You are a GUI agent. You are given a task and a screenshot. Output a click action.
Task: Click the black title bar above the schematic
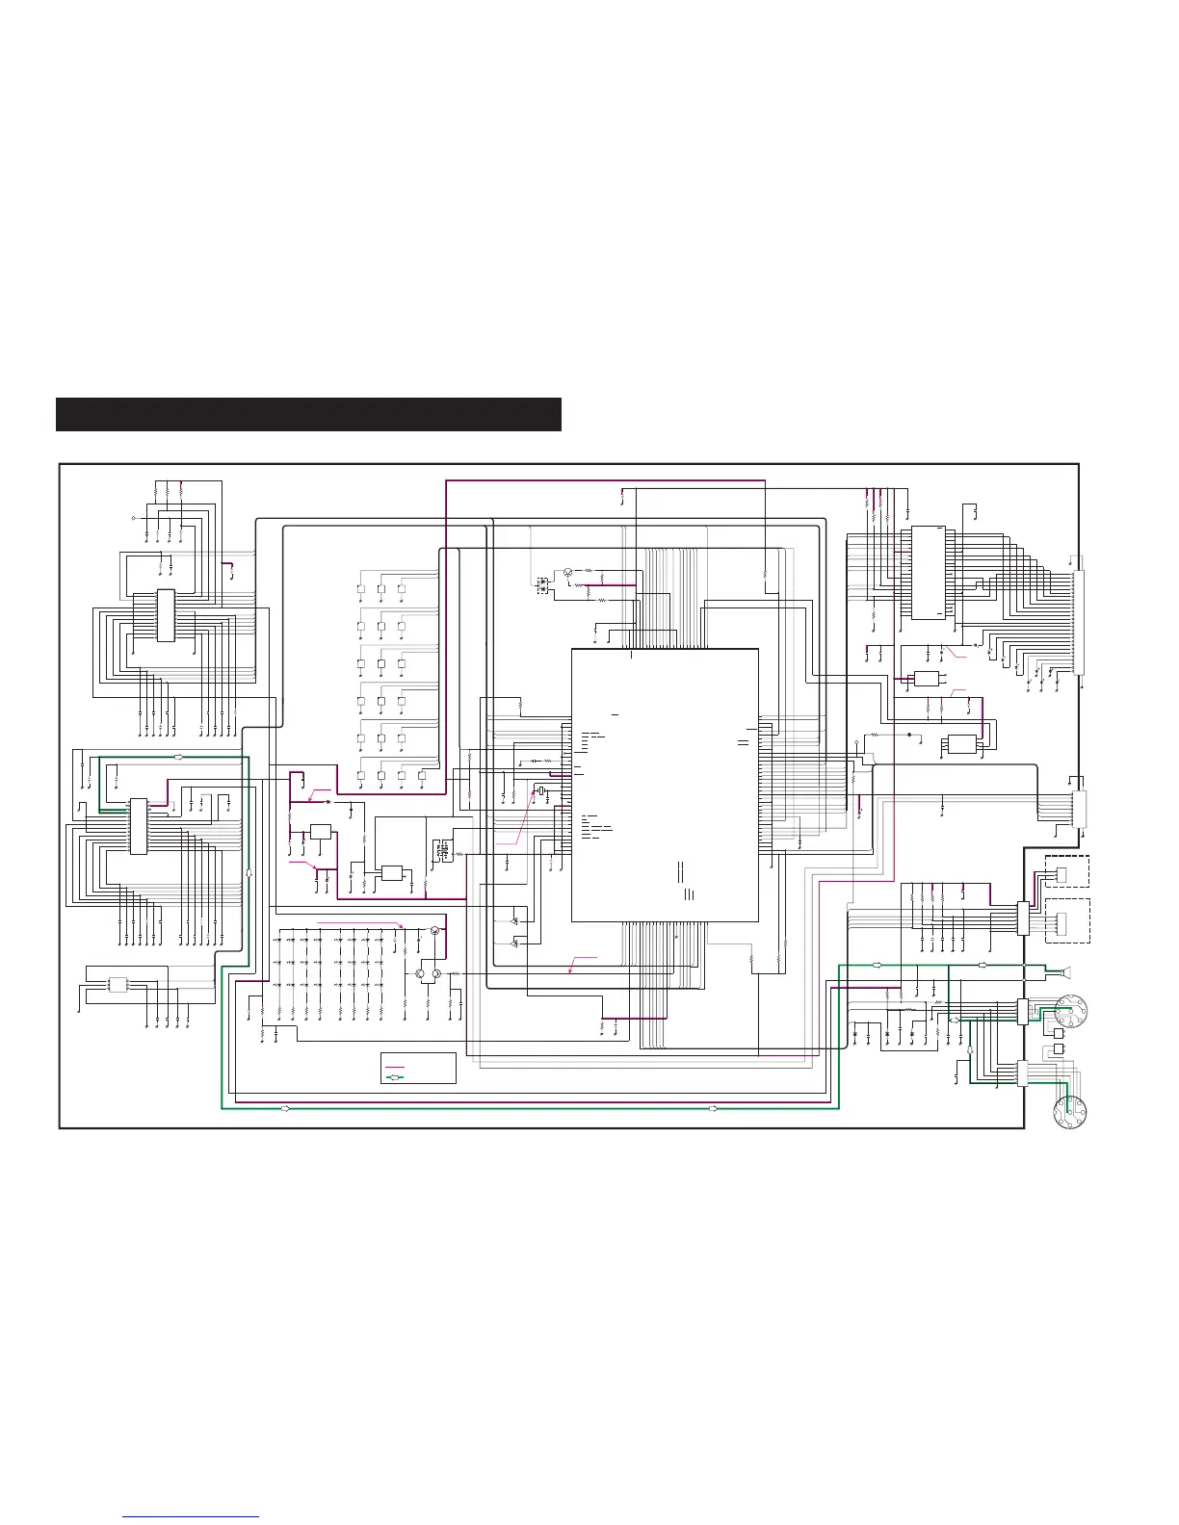coord(308,414)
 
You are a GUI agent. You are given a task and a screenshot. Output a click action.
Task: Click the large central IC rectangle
coord(665,785)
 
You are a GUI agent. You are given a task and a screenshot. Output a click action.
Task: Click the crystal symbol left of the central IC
coord(542,792)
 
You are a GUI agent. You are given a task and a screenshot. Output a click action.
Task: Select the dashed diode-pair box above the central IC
coord(541,584)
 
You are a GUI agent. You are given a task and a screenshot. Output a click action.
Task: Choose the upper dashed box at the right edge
coord(1066,871)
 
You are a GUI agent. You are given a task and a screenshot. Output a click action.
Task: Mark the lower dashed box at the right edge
coord(1066,922)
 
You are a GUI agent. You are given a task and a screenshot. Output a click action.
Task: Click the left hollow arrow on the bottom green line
coord(285,1109)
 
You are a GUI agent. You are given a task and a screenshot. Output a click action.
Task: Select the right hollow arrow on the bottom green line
coord(713,1109)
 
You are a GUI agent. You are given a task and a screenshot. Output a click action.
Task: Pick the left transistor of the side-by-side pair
coord(421,975)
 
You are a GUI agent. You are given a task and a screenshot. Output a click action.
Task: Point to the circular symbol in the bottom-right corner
coord(1071,1112)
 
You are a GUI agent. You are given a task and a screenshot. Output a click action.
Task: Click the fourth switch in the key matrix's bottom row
coord(422,774)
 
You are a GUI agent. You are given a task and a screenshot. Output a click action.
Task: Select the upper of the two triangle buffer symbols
coord(515,921)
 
